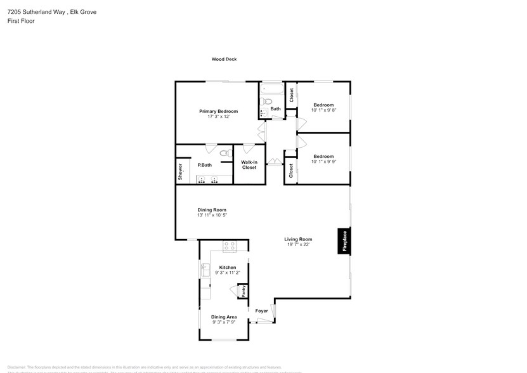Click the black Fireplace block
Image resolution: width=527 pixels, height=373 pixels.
344,241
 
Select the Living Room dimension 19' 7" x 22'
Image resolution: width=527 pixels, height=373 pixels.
298,245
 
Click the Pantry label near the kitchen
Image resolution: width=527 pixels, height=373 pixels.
243,291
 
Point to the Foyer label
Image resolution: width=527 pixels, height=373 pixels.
261,311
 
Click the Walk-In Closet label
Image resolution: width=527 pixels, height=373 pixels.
249,164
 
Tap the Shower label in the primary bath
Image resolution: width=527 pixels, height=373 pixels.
181,171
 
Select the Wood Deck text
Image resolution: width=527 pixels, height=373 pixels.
224,59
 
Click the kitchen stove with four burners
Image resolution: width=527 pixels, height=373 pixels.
229,245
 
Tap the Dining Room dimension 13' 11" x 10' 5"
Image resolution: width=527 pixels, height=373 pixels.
211,215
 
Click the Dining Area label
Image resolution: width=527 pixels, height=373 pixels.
224,317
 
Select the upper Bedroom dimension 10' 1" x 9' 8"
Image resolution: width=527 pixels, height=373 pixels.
323,110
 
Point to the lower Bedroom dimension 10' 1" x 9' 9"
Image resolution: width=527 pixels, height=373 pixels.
323,161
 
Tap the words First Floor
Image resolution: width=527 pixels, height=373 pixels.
21,21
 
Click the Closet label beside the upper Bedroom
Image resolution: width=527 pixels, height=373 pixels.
291,95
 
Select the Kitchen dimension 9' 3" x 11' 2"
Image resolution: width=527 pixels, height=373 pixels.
227,273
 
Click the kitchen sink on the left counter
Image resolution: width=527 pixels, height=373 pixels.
205,271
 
